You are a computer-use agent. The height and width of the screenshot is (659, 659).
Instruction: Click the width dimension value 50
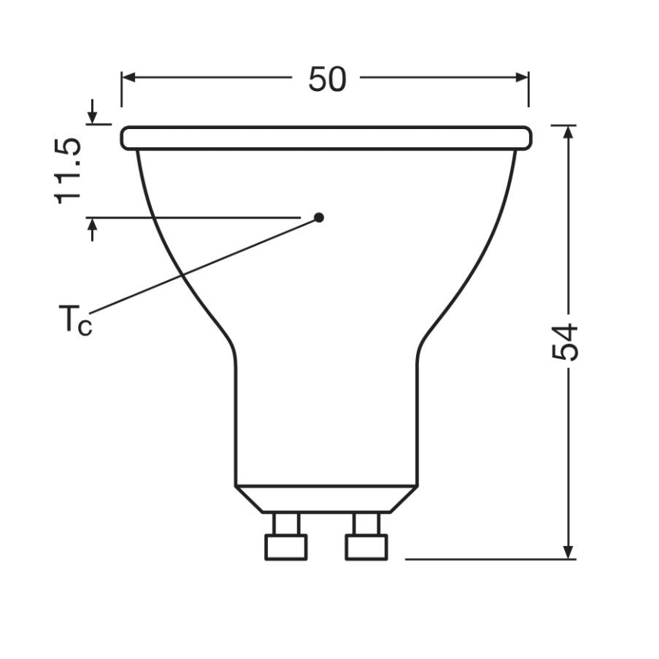pos(326,79)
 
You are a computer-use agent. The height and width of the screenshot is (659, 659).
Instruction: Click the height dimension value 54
pos(565,343)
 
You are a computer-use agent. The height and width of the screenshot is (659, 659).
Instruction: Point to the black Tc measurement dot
pos(319,217)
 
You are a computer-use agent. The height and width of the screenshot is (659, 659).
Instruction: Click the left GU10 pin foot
pos(286,547)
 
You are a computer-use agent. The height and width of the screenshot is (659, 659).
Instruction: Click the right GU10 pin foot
pos(367,547)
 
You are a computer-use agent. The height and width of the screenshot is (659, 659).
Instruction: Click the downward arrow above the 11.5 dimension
pos(93,117)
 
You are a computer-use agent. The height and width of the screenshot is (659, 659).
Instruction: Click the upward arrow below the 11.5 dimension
pos(93,226)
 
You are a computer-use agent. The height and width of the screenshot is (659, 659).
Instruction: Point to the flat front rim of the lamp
pos(326,138)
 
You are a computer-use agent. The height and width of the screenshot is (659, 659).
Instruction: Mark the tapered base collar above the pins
pos(326,498)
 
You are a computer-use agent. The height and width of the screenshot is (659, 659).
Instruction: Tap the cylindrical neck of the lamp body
pos(326,418)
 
